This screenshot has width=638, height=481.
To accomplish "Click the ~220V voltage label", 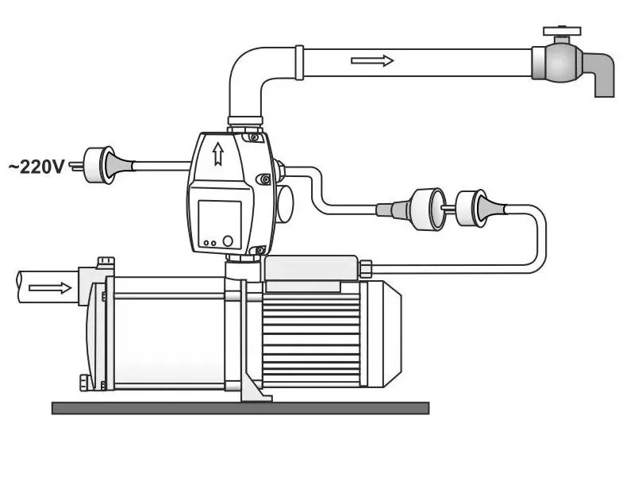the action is pyautogui.click(x=37, y=167).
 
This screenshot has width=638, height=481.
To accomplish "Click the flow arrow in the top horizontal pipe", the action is pyautogui.click(x=372, y=61).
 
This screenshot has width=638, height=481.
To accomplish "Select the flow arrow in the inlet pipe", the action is pyautogui.click(x=51, y=288).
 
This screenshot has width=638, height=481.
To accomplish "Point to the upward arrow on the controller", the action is pyautogui.click(x=218, y=154).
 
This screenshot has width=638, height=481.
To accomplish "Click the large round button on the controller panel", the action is pyautogui.click(x=228, y=241).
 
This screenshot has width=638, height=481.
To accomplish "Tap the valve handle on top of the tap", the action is pyautogui.click(x=562, y=33).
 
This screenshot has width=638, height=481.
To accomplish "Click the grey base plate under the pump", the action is pyautogui.click(x=240, y=408).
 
